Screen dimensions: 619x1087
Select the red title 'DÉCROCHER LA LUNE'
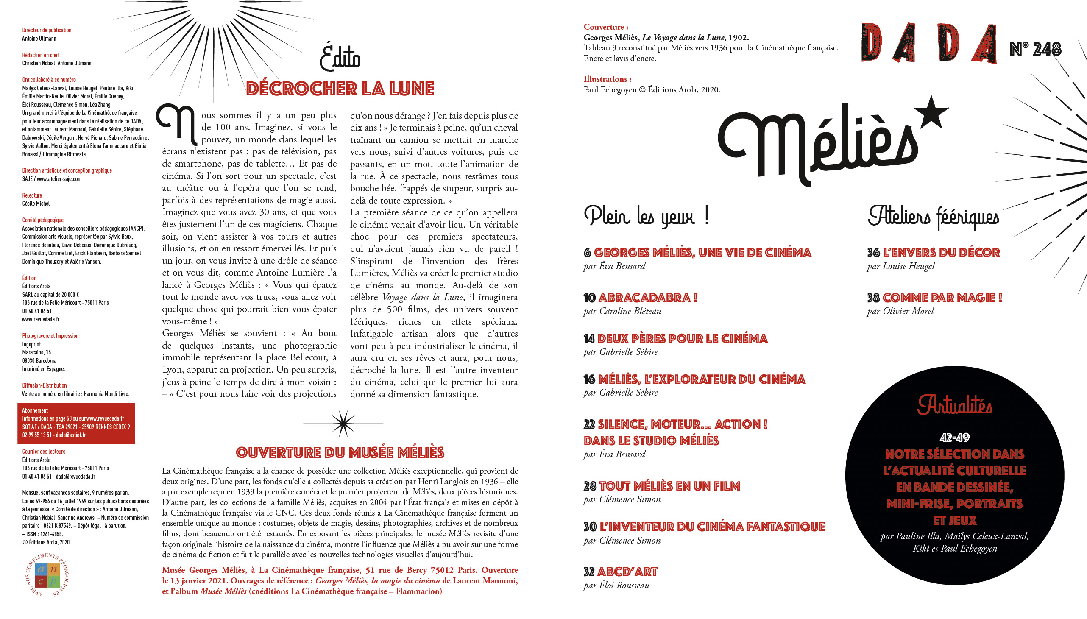tap(340, 89)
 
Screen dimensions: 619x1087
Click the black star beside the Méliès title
tap(930, 113)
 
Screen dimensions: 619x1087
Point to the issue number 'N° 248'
tap(1035, 49)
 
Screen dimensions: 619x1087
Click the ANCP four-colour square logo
tap(47, 575)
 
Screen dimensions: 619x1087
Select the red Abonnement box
tap(76, 423)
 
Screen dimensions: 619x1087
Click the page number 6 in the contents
tap(587, 253)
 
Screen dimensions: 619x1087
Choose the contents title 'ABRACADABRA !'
tap(647, 298)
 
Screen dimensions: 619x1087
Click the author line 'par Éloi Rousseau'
tap(616, 586)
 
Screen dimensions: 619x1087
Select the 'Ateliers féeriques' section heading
tap(933, 217)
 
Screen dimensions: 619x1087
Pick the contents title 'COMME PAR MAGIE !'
tap(942, 298)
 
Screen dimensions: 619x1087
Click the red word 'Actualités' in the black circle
tap(954, 405)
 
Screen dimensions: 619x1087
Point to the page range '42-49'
tap(954, 438)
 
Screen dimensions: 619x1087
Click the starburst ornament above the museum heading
tap(343, 424)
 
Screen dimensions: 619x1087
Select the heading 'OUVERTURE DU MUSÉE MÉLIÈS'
tap(340, 453)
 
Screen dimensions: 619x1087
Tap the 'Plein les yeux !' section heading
tap(646, 216)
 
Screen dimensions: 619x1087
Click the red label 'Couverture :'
tap(605, 27)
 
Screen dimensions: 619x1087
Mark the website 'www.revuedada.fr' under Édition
tap(41, 319)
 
